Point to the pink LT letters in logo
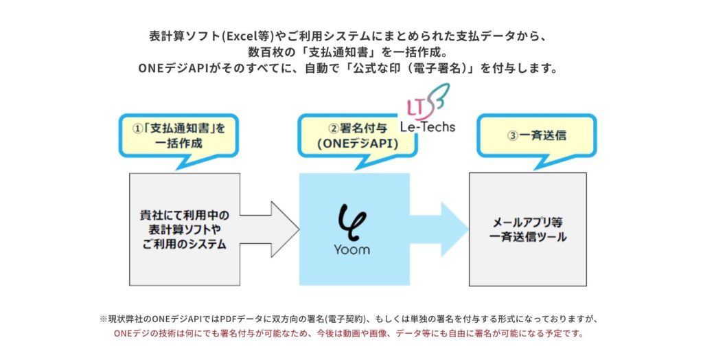415,107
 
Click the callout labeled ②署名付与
357,136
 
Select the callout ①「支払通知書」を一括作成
180,135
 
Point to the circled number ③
512,135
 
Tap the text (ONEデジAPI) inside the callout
358,144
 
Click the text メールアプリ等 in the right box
528,223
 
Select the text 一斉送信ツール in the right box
528,237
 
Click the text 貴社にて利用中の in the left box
185,215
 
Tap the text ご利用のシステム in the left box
185,245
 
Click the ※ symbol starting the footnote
104,319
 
